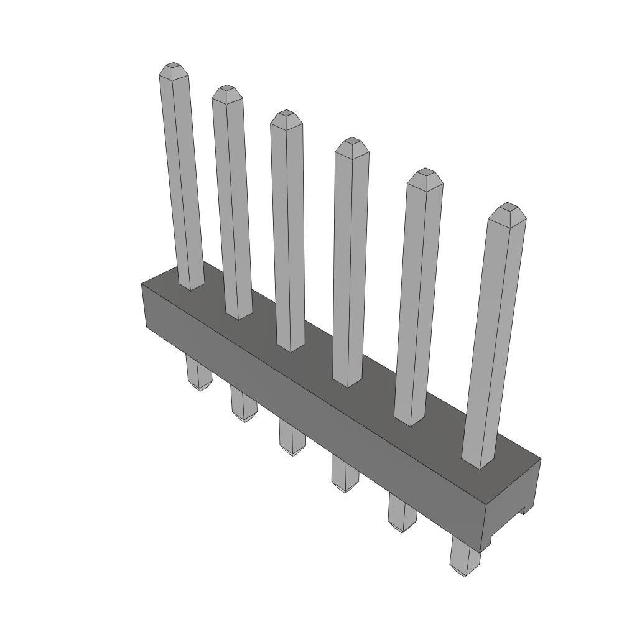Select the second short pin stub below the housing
coord(243,404)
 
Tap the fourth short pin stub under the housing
coord(344,474)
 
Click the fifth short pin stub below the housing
coord(401,513)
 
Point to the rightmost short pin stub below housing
coord(464,557)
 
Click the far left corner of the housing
coord(142,284)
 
